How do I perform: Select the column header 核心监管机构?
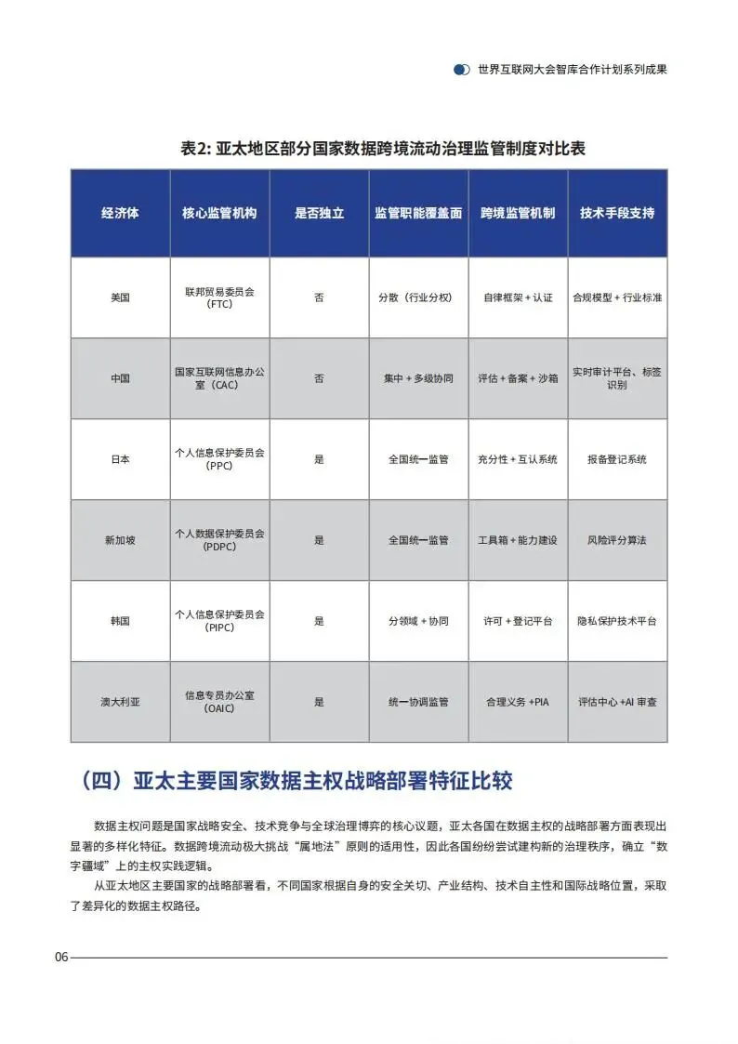coord(219,213)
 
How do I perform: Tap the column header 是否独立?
coord(319,213)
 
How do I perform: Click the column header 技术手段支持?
coord(616,213)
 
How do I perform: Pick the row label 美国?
coord(120,297)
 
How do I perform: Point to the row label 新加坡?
coord(120,540)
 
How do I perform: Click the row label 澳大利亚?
coord(120,702)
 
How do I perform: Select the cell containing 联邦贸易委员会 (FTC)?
coord(219,297)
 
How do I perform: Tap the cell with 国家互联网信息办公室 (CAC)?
coord(219,377)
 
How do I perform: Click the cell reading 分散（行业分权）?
coord(418,297)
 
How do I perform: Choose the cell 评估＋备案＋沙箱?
coord(518,378)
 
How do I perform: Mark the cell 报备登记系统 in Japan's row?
coord(616,459)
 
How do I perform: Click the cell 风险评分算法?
coord(616,540)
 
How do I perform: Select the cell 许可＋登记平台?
coord(518,621)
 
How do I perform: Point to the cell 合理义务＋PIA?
coord(518,702)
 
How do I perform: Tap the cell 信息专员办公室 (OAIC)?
coord(219,702)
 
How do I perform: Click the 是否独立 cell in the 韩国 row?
coord(319,621)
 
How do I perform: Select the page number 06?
coord(61,958)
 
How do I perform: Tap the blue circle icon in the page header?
coord(461,70)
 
